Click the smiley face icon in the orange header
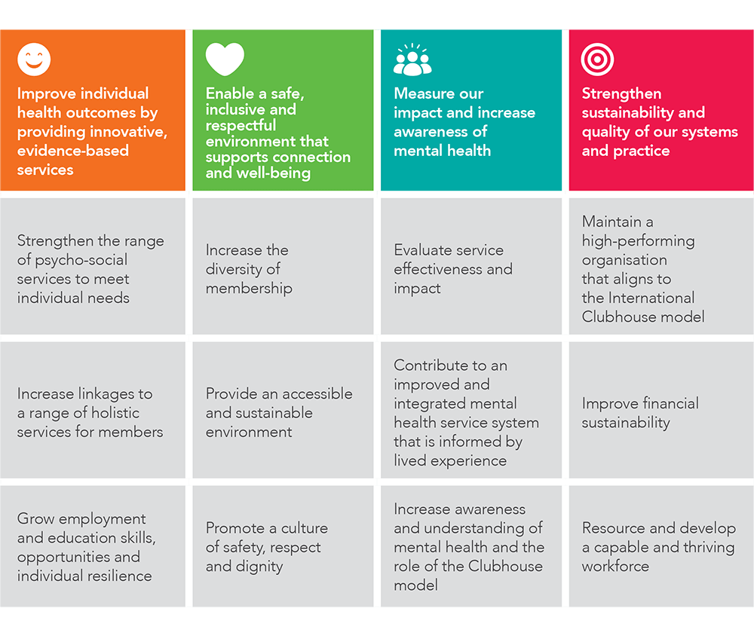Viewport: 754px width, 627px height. [34, 60]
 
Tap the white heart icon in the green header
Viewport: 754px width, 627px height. [225, 59]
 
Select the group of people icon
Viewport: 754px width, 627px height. [412, 60]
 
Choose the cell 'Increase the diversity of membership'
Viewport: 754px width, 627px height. [283, 266]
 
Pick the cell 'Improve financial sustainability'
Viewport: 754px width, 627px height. [659, 410]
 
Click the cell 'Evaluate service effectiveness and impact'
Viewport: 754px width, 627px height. [470, 266]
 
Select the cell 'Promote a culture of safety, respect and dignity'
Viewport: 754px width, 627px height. [283, 546]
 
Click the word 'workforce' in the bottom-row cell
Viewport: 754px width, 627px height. [615, 566]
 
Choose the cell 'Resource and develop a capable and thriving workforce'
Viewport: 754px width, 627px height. [659, 546]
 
